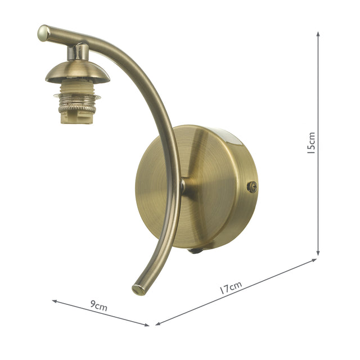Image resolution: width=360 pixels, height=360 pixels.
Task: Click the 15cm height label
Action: pyautogui.click(x=311, y=143)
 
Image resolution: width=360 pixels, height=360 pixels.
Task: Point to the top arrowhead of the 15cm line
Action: pyautogui.click(x=318, y=34)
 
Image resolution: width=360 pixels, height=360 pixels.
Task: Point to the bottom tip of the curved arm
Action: pyautogui.click(x=137, y=290)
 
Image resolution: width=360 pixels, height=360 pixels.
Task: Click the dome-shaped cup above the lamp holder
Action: pyautogui.click(x=77, y=71)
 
